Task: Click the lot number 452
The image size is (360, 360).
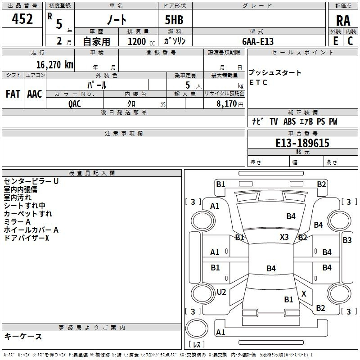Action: tap(22, 19)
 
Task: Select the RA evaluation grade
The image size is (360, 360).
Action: tap(343, 20)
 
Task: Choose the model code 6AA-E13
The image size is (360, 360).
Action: tap(258, 41)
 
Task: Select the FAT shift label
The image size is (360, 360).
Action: tap(13, 94)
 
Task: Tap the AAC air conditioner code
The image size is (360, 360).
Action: tap(34, 94)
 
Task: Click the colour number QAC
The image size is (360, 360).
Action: tap(75, 103)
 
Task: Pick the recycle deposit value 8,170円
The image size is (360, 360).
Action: tap(224, 103)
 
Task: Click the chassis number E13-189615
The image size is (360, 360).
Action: tap(302, 143)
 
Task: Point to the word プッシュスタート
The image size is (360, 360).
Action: tap(275, 73)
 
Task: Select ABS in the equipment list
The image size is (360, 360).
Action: tap(289, 121)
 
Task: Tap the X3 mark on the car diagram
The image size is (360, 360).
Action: tap(284, 237)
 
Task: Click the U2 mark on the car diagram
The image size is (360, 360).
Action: tap(221, 292)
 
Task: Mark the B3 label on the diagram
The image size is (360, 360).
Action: tap(347, 240)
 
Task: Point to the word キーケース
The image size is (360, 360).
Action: tap(23, 337)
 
